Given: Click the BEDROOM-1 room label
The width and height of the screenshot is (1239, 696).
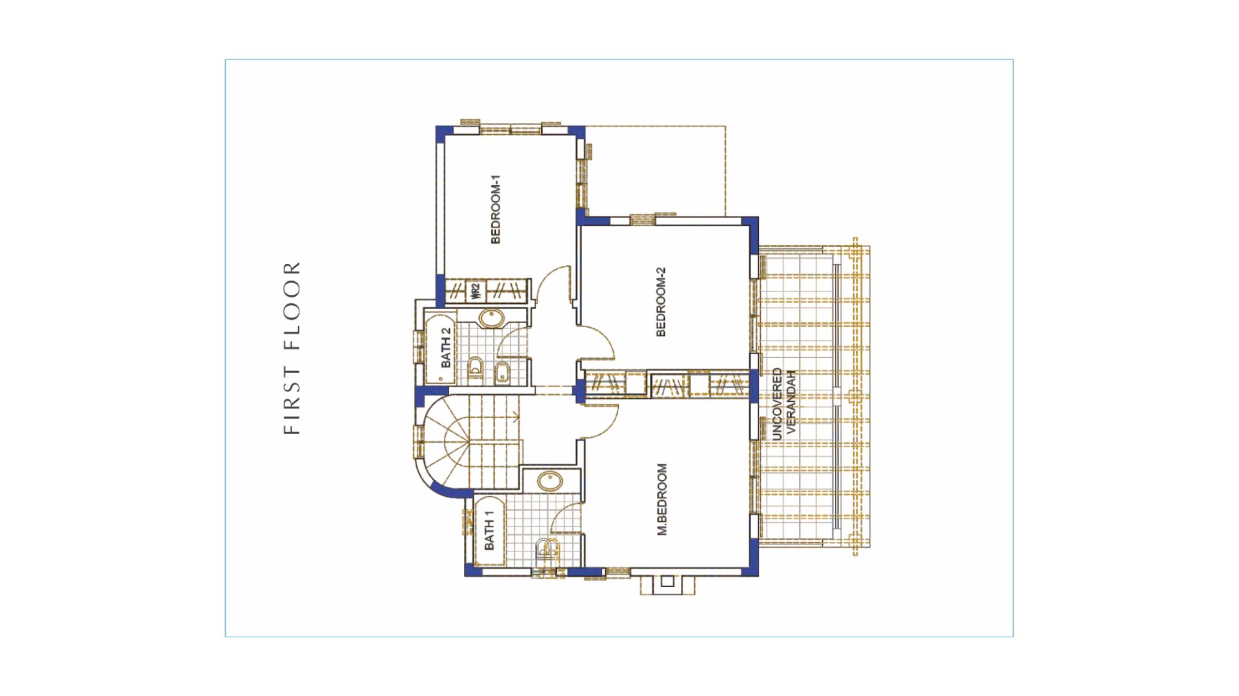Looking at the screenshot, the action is pos(496,209).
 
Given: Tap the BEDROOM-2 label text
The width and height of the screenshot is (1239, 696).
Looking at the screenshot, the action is pos(661,302).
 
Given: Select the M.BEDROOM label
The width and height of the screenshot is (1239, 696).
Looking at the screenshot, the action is pos(662,499).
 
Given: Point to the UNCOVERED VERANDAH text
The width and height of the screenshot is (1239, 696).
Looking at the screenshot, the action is pos(783,404).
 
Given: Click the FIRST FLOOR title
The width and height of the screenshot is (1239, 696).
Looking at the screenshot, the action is pos(292,348).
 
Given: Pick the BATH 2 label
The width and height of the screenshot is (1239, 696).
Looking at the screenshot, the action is pos(446,348).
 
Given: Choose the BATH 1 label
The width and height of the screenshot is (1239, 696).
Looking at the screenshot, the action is pos(489,530).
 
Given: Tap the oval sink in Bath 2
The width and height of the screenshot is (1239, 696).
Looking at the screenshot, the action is pos(492,318).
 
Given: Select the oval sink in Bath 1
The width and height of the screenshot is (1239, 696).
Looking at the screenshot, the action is pos(550,481).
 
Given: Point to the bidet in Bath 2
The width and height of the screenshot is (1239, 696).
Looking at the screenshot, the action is pos(501,372).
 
